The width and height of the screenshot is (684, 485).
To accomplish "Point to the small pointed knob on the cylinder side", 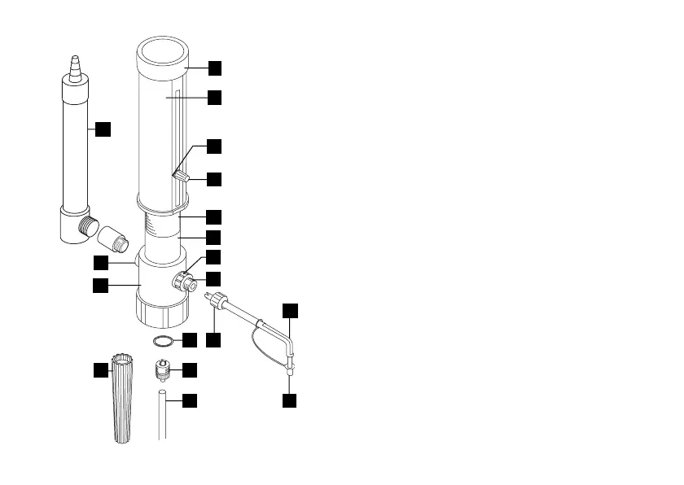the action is click(x=182, y=176).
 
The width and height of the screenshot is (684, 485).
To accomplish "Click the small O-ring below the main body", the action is click(x=163, y=340).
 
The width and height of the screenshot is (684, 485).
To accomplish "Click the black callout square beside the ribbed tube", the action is click(x=101, y=370).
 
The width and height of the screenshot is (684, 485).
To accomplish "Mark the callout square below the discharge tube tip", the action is click(x=290, y=400).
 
